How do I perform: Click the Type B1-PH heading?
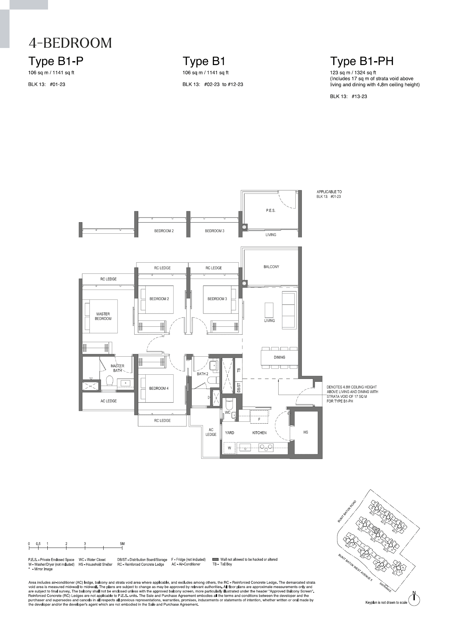click(x=362, y=61)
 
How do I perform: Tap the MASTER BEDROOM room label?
click(x=103, y=316)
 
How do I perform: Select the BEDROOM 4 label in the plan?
click(x=159, y=388)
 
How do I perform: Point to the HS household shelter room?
click(x=306, y=432)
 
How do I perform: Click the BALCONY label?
click(x=271, y=267)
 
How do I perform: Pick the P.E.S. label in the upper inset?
click(x=270, y=210)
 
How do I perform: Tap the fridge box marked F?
click(x=259, y=419)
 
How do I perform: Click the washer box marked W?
click(x=230, y=448)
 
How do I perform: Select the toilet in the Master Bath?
click(x=110, y=381)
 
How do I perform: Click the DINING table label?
click(x=279, y=357)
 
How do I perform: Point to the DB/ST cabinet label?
click(x=239, y=388)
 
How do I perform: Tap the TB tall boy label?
click(x=239, y=370)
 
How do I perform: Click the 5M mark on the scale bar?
click(x=122, y=544)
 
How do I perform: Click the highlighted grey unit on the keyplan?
click(x=377, y=530)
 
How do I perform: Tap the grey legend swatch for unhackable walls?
click(x=215, y=559)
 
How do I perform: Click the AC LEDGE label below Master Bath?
click(x=109, y=401)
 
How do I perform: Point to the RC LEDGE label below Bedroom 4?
click(x=162, y=420)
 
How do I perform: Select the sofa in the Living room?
click(x=289, y=310)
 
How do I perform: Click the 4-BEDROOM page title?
click(x=70, y=43)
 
